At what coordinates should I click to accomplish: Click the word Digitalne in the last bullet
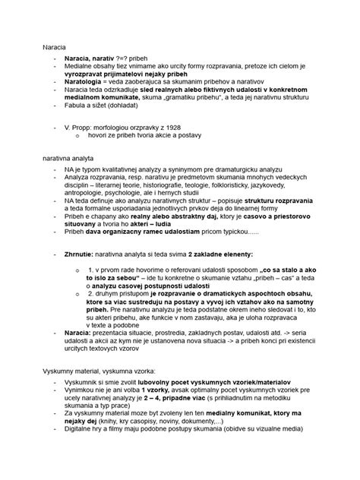(82, 454)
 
